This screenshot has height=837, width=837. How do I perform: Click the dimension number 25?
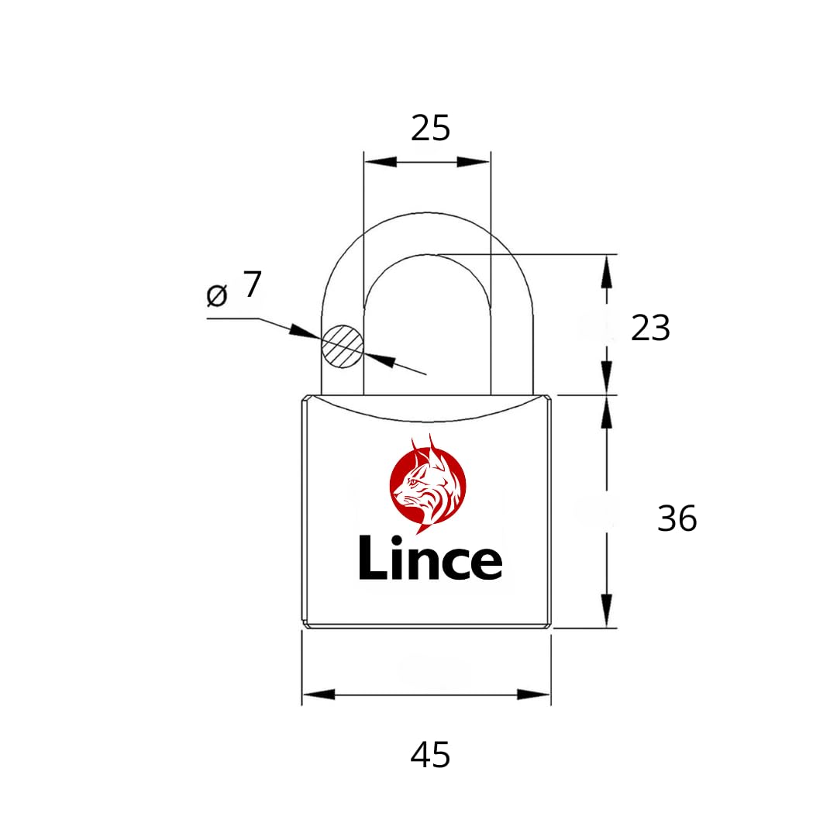tap(430, 129)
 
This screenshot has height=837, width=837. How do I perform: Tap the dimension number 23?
tap(650, 328)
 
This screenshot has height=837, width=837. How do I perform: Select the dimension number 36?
tap(677, 518)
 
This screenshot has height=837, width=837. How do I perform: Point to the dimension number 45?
tap(430, 755)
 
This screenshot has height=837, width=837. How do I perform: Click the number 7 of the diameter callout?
tap(253, 284)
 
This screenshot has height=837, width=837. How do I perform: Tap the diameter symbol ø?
tap(217, 295)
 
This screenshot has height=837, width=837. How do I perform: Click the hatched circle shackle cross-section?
tap(343, 346)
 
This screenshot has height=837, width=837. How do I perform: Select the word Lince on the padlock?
tap(430, 557)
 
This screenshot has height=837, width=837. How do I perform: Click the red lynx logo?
tap(428, 484)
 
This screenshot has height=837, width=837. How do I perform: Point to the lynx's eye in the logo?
tap(412, 482)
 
